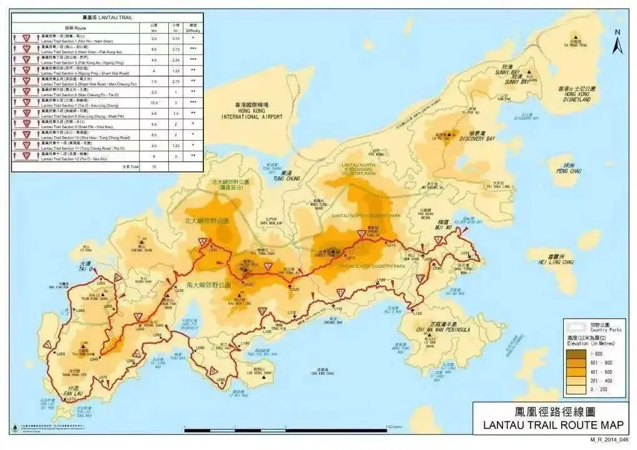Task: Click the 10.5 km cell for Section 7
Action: tap(153, 102)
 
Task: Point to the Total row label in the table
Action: tap(131, 167)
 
